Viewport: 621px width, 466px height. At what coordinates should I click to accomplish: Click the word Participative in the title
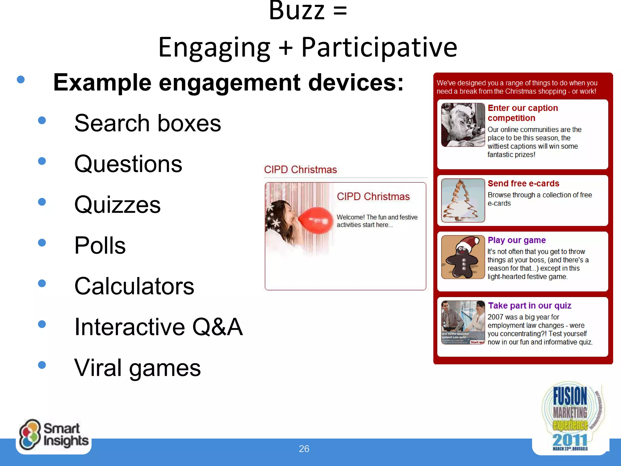pos(379,47)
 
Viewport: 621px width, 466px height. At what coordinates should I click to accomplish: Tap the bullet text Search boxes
pos(148,123)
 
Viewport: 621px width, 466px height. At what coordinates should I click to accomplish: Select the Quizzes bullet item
pos(117,204)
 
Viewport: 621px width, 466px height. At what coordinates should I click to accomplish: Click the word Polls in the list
pos(100,245)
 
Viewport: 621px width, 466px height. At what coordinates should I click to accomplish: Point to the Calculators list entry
pos(134,286)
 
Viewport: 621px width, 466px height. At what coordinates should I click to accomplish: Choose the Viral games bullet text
pos(137,368)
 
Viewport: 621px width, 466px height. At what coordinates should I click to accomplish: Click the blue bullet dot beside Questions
pos(42,161)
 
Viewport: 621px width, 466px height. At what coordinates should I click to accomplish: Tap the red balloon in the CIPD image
pos(316,221)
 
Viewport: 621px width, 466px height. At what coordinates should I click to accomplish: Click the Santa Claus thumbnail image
pos(463,125)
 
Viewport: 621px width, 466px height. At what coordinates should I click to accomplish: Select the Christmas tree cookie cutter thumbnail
pos(463,201)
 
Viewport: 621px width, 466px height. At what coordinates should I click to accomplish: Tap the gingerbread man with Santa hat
pos(463,257)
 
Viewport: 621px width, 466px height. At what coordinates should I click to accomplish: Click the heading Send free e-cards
pos(523,184)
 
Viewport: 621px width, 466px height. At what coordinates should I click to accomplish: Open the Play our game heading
pos(517,240)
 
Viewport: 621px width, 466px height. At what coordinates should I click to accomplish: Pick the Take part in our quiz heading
pos(529,306)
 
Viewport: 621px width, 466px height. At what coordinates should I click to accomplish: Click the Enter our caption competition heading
pos(522,113)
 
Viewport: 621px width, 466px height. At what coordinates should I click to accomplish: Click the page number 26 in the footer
pos(304,449)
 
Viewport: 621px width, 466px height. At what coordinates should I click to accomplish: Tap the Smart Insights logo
pos(54,435)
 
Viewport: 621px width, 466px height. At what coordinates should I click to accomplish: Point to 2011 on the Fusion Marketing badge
pos(569,440)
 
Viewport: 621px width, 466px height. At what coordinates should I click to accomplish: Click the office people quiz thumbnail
pos(463,322)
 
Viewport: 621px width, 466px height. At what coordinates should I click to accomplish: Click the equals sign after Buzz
pos(340,11)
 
